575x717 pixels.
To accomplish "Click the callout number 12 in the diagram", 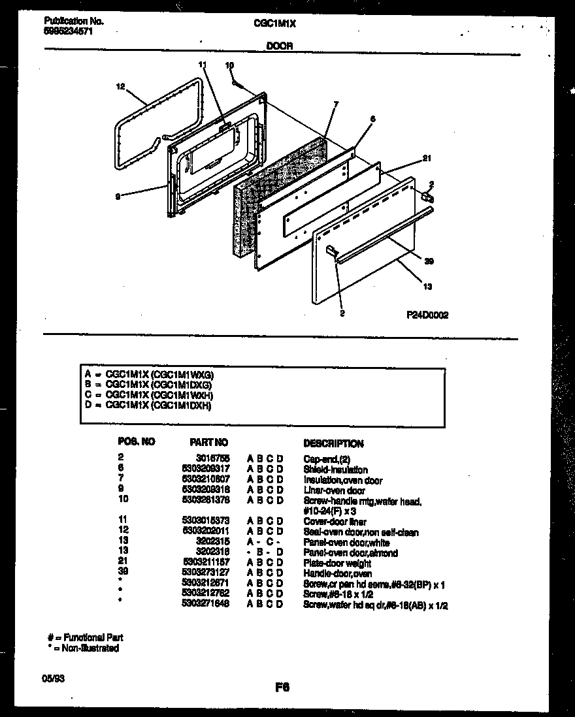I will [120, 86].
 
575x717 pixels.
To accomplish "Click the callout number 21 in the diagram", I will [427, 158].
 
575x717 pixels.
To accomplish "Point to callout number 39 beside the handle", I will [429, 262].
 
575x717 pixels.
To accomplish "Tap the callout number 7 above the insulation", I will [335, 104].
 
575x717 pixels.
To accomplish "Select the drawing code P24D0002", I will [427, 314].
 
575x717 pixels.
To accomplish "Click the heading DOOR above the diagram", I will [279, 46].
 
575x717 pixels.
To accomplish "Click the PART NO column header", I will [208, 443].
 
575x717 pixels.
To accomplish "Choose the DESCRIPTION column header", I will [333, 443].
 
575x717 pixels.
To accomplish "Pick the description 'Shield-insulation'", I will [335, 470].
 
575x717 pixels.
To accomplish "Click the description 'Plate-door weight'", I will [337, 564].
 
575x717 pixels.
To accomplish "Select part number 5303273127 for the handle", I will [205, 574].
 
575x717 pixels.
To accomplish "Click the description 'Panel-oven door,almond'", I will [350, 553].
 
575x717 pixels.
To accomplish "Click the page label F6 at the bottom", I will [282, 688].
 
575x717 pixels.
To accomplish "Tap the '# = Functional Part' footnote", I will [85, 637].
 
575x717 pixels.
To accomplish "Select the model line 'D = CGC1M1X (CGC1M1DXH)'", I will [148, 406].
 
